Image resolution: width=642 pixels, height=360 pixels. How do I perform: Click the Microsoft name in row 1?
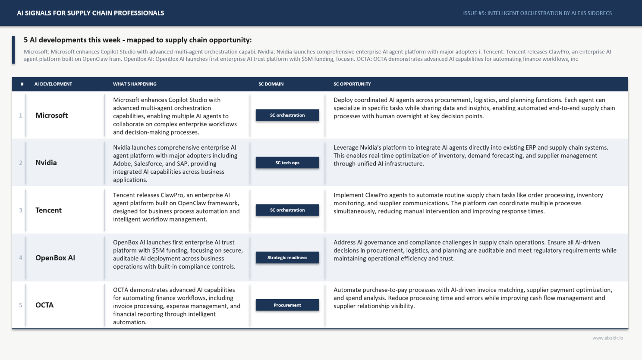(52, 115)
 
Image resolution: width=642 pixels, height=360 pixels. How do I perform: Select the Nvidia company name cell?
(46, 163)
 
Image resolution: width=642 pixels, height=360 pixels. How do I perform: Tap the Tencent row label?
(49, 210)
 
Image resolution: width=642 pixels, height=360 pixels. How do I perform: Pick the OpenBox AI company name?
(55, 257)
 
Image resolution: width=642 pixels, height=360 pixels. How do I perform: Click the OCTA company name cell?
(44, 305)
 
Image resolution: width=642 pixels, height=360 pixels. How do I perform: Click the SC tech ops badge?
(287, 163)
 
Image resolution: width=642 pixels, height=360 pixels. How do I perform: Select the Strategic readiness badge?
(287, 257)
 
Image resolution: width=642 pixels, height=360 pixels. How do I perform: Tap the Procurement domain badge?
(287, 305)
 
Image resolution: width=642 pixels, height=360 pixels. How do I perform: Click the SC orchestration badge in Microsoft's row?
(287, 115)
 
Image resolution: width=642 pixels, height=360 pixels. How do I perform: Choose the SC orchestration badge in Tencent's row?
(287, 210)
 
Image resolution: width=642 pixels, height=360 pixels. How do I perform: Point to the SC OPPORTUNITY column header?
(352, 84)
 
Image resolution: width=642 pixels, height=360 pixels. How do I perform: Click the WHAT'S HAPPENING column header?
(135, 84)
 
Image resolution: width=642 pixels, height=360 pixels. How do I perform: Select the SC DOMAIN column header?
(271, 84)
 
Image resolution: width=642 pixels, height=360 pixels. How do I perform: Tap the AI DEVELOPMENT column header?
(53, 84)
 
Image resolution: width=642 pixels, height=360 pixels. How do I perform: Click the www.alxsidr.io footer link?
(607, 338)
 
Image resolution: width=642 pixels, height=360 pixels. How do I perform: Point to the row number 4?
(20, 257)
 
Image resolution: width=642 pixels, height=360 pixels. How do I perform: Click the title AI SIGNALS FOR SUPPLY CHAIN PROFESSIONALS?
(91, 13)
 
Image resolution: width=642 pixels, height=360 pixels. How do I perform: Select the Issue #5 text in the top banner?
(537, 13)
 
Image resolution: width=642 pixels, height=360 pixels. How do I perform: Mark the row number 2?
(20, 163)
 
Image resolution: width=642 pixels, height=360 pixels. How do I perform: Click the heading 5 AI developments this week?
(138, 40)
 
